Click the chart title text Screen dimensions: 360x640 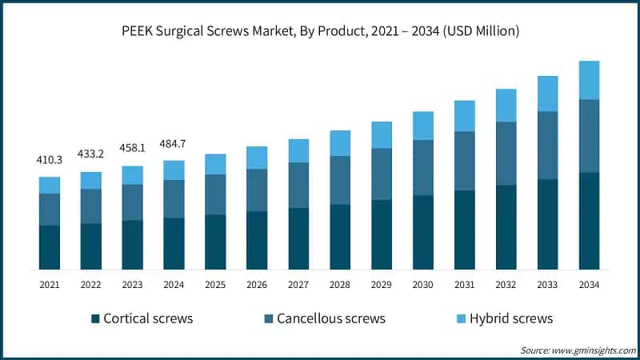point(320,31)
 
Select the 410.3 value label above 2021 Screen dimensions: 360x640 point(50,160)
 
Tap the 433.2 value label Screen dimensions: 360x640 point(91,154)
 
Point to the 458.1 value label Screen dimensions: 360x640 point(133,148)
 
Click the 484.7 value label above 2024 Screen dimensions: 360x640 point(174,143)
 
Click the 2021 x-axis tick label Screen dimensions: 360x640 point(50,284)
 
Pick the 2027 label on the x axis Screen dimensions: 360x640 point(298,284)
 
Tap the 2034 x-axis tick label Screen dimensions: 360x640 point(590,284)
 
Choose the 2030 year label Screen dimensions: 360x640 point(423,284)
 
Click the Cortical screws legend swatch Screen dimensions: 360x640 point(95,318)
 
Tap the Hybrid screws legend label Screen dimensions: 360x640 point(511,318)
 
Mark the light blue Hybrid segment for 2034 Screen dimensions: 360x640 point(590,80)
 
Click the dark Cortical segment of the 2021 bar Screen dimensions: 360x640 point(50,247)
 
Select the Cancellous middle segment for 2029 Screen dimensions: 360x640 point(382,174)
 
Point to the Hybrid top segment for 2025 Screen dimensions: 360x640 point(216,164)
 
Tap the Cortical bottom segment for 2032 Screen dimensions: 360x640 point(506,227)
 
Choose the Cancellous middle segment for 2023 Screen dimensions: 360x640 point(133,202)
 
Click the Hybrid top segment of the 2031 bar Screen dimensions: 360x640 point(465,116)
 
